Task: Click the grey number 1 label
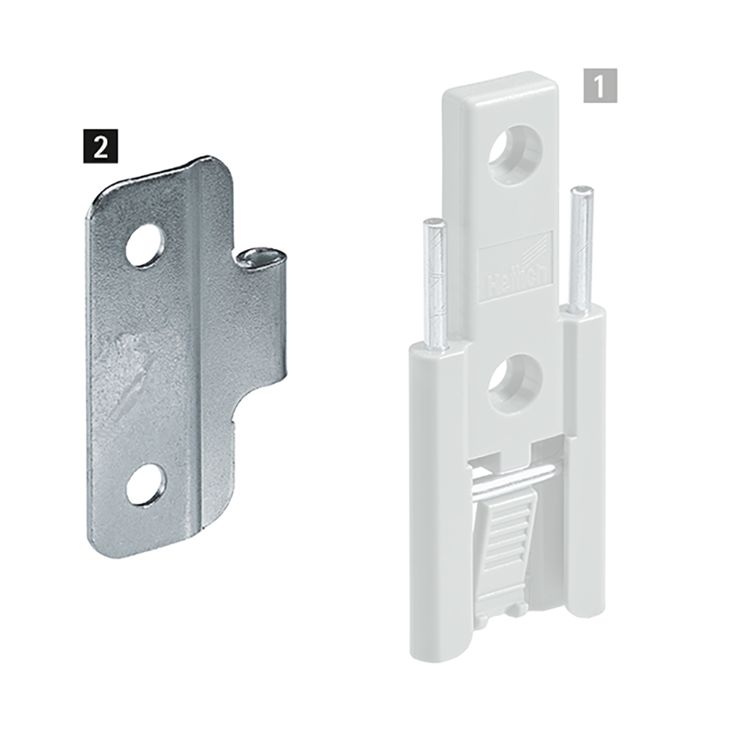(x=600, y=86)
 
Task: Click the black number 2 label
(x=101, y=146)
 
